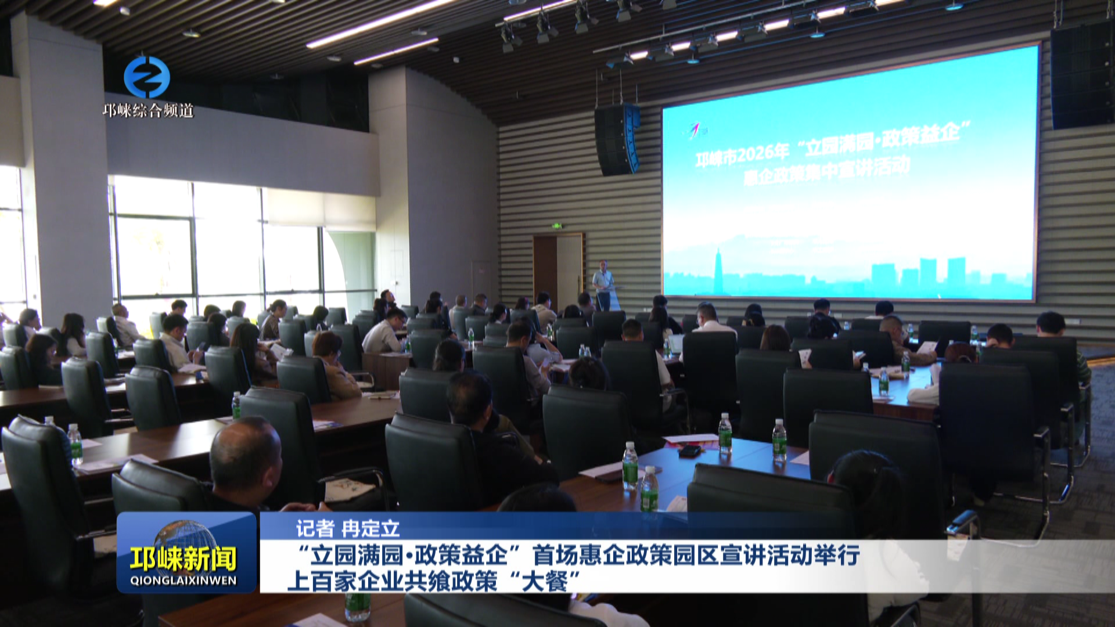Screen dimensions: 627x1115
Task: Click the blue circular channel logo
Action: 147,77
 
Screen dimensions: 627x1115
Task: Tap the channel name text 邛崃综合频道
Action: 148,110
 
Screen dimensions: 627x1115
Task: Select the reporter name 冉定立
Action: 371,528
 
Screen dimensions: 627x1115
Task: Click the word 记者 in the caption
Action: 315,528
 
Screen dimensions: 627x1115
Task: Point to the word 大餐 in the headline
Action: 544,581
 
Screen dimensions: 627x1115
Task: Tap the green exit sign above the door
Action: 557,226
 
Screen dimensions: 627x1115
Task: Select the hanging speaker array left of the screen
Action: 617,139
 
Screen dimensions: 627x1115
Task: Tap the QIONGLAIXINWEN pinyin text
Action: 184,581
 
